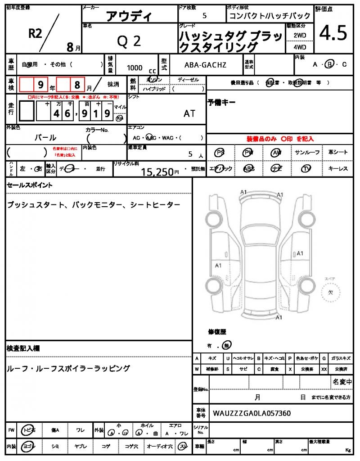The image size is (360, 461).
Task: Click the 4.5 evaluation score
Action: point(333,33)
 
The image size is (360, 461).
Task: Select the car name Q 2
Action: point(129,41)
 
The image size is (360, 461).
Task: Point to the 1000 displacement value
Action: point(135,68)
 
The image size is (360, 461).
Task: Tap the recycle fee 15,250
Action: point(157,172)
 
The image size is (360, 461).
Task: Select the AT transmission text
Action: point(189,113)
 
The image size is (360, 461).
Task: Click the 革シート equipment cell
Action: point(338,153)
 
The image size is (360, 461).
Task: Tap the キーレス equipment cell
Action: point(338,168)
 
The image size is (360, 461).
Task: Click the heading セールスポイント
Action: point(30,185)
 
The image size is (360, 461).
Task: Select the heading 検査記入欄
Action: point(23,348)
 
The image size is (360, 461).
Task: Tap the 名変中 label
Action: point(342,382)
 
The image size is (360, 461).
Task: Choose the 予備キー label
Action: point(221,102)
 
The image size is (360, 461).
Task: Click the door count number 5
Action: point(205,16)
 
